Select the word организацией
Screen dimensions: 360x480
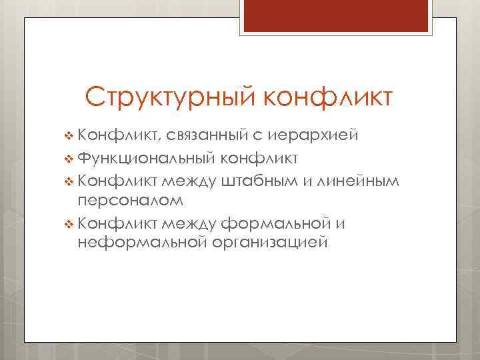click(x=270, y=241)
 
